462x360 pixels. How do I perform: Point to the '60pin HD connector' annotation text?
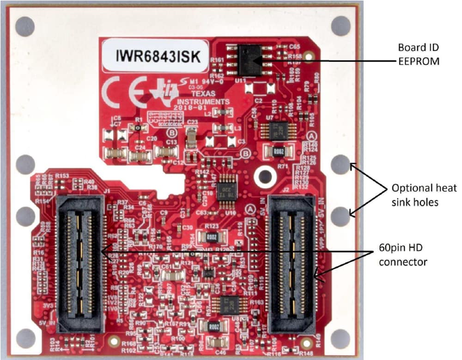(x=402, y=256)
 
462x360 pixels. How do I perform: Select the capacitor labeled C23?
(x=191, y=137)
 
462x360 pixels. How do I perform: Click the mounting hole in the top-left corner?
(x=25, y=26)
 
